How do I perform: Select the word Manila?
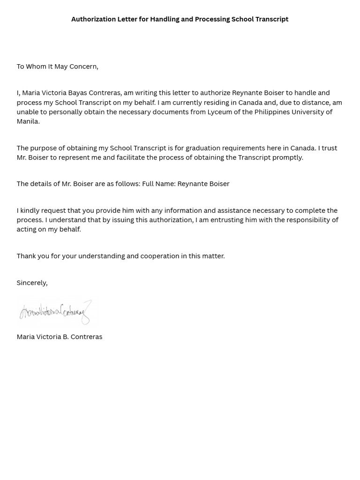(x=28, y=121)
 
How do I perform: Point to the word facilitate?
(x=131, y=157)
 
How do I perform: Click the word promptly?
(x=288, y=157)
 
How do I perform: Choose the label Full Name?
(x=158, y=184)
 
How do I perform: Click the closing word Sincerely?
(x=31, y=283)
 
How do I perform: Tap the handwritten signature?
(x=55, y=312)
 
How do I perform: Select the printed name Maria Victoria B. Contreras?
(x=59, y=337)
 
